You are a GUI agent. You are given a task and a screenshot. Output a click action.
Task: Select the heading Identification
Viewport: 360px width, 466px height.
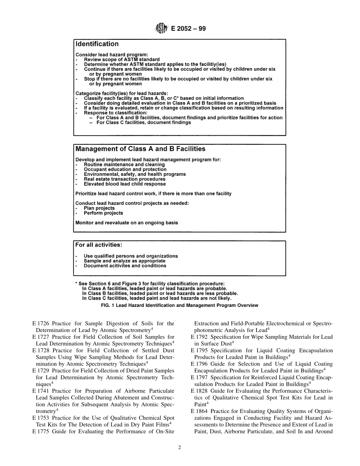pos(97,44)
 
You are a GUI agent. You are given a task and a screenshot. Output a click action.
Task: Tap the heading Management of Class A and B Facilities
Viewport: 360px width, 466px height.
pos(140,149)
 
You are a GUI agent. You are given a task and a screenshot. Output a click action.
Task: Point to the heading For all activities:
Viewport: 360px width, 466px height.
pos(99,245)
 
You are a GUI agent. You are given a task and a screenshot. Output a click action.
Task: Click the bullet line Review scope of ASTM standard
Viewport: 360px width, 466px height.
pos(122,59)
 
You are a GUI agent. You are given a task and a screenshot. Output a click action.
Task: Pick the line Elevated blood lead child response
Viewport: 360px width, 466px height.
pos(125,184)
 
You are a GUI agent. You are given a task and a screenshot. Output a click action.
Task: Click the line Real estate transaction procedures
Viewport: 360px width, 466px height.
pos(124,179)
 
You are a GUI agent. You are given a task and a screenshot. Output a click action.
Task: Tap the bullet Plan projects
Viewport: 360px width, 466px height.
pos(99,208)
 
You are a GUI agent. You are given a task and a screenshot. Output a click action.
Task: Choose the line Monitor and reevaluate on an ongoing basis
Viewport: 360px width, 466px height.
pos(126,223)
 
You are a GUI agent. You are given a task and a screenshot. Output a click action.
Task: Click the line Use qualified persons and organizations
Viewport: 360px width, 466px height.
pos(131,256)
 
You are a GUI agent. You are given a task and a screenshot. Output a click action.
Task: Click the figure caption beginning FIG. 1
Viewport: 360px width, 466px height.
pos(180,305)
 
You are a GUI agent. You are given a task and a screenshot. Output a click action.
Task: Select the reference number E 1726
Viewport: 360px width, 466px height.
pos(41,324)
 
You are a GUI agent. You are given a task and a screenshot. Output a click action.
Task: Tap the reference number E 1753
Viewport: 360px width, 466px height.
pos(41,418)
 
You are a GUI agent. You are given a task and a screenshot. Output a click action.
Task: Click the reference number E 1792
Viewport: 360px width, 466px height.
pos(199,337)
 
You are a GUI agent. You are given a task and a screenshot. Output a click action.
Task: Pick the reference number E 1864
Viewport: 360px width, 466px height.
pos(199,411)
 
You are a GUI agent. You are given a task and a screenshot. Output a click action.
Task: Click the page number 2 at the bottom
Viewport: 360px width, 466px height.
pos(180,447)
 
